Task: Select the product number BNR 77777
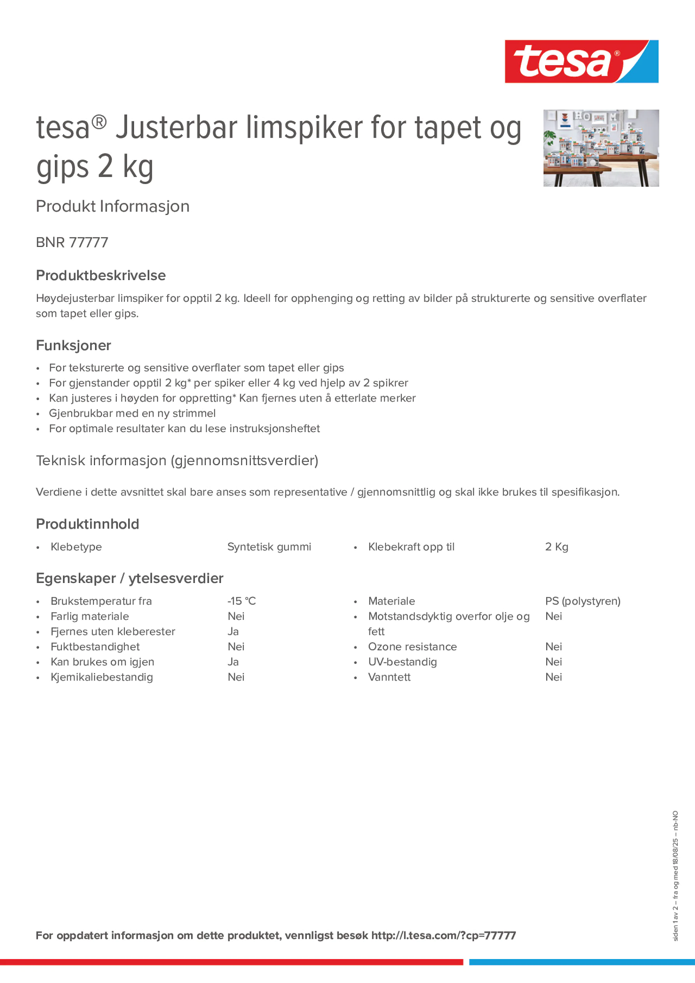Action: [72, 242]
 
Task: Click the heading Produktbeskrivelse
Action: [101, 275]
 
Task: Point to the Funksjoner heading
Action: [73, 345]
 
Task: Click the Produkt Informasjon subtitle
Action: [113, 206]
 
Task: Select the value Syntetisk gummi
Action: [269, 547]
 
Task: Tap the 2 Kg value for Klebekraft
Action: [556, 547]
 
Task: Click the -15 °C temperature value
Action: [242, 601]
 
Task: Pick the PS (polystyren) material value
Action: [582, 601]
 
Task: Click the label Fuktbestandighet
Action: [95, 647]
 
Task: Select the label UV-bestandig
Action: [402, 662]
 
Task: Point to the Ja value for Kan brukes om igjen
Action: [233, 662]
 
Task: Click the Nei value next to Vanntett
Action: [553, 677]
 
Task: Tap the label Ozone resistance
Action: [412, 647]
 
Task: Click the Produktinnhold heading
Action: [87, 524]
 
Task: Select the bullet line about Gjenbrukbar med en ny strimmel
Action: [132, 413]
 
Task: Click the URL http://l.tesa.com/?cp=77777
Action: [443, 936]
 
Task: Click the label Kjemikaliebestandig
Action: [102, 677]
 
